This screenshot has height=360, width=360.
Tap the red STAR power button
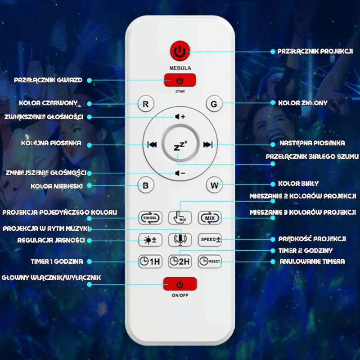180,80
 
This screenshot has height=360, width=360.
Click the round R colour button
145,104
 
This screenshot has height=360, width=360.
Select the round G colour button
214,104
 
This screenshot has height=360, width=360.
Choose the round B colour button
145,185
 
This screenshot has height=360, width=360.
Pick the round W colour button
214,185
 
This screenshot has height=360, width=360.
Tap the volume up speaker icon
180,117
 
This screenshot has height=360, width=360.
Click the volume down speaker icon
180,173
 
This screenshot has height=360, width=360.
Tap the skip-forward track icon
208,144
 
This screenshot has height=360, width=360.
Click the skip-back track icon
152,144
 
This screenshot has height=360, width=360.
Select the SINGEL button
150,218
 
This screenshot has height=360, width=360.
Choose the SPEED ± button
210,240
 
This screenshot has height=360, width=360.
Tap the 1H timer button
150,261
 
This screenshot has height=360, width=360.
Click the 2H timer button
180,261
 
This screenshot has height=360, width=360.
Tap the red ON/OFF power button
180,284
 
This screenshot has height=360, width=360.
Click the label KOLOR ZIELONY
303,103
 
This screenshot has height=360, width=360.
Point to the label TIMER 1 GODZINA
57,261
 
